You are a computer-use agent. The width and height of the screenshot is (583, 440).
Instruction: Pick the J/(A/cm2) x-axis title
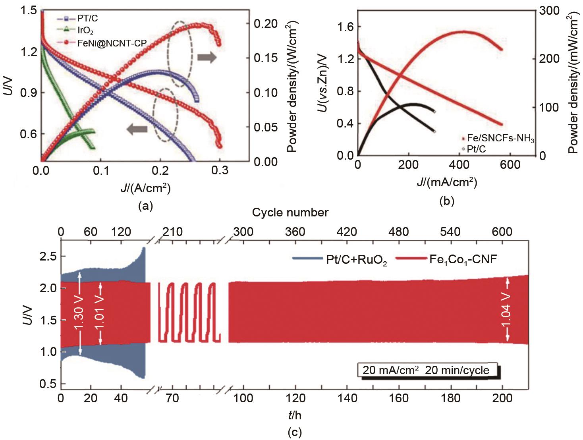point(145,187)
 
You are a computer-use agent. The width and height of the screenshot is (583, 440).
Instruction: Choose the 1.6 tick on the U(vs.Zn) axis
point(346,27)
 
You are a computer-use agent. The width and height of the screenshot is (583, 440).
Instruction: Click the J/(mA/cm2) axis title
point(447,182)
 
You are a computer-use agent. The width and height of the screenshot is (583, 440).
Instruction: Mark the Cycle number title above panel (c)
point(290,212)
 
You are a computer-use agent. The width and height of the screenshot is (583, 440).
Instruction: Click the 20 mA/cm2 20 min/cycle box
point(426,370)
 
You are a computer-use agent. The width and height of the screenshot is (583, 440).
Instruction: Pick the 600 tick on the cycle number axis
point(502,232)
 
